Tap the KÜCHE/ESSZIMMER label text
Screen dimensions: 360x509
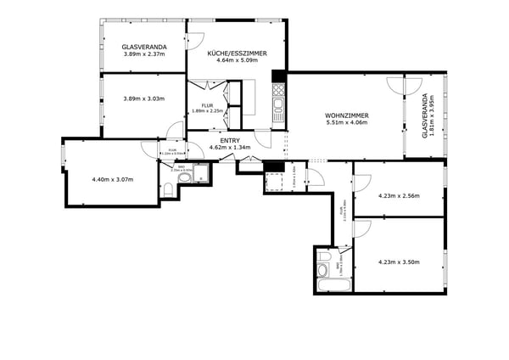click(237, 53)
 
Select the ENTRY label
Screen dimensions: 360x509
click(230, 140)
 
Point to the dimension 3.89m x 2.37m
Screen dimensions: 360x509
click(143, 54)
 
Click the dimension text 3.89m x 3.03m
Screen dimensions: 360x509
click(143, 98)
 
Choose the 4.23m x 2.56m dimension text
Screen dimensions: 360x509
click(399, 196)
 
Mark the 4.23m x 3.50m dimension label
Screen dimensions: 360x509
click(399, 262)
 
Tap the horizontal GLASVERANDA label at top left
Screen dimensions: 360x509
click(143, 47)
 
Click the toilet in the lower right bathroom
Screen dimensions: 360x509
click(322, 269)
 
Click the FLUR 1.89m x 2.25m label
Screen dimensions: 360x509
click(207, 108)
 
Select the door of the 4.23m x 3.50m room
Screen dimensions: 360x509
click(362, 228)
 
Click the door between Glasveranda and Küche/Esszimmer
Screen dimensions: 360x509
click(195, 40)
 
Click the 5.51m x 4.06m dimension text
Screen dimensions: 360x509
click(346, 122)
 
